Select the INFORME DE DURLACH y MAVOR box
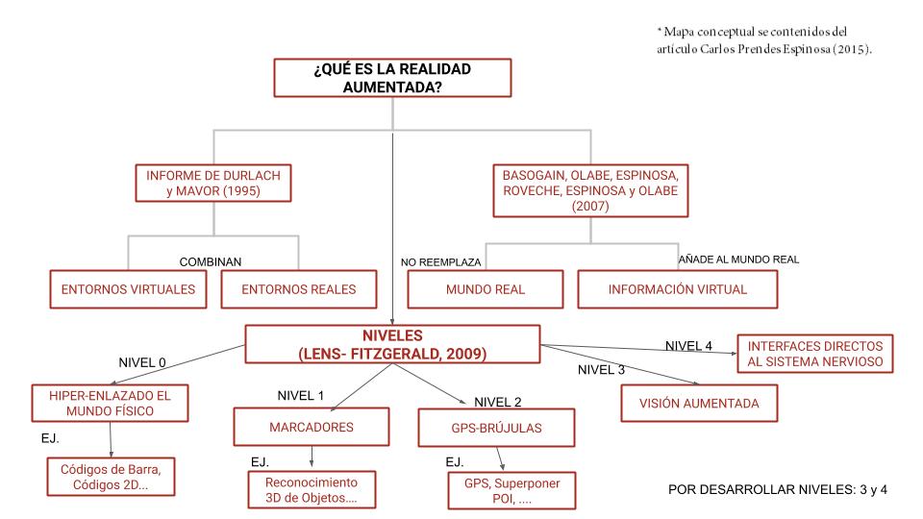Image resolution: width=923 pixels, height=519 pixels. click(x=212, y=184)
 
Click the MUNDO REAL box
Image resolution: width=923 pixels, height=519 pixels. click(x=485, y=289)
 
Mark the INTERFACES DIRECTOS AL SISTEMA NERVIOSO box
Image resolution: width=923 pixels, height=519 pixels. click(x=815, y=354)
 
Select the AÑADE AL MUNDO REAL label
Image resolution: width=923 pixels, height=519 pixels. click(x=738, y=259)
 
